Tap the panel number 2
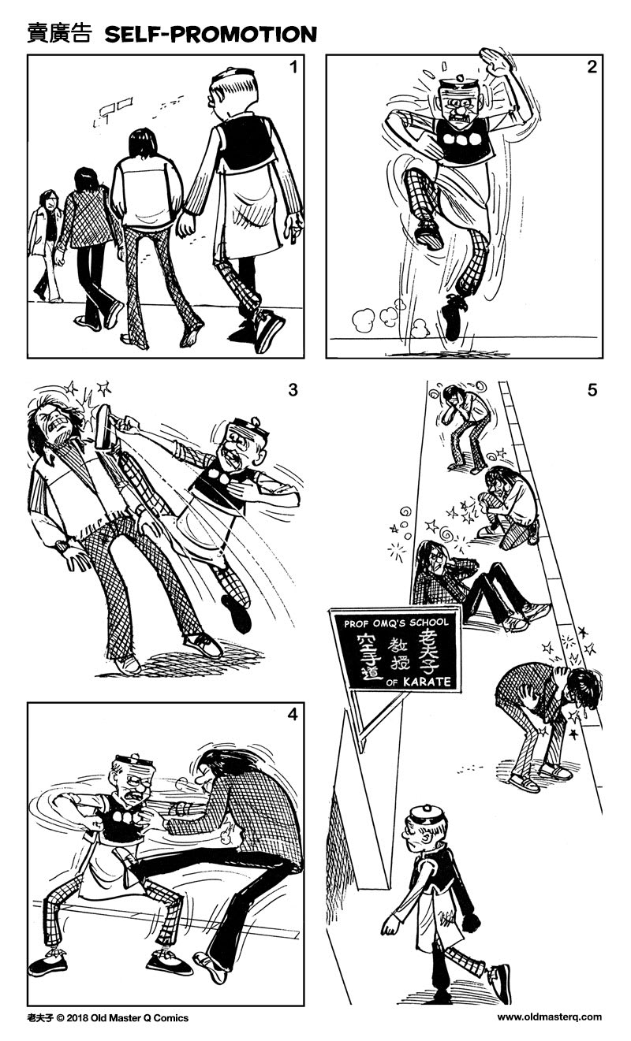(x=591, y=67)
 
